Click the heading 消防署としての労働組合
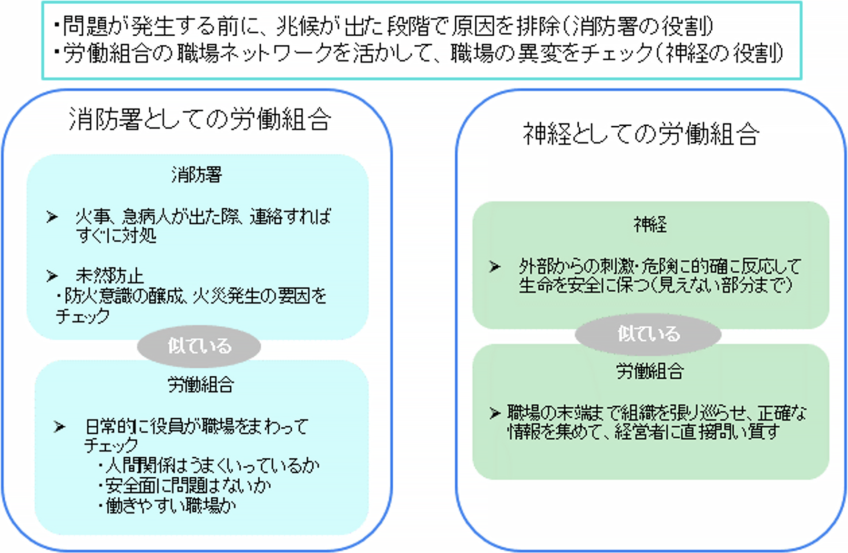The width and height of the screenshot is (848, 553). point(200,119)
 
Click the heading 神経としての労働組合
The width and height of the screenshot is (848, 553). point(641,134)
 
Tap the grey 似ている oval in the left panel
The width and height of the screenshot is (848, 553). point(199,346)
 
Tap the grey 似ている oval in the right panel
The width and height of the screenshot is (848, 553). point(648,333)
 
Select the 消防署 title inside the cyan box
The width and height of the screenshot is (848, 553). point(197,175)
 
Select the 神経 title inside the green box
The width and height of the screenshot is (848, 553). point(650,224)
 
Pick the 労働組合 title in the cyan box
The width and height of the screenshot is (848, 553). point(200,384)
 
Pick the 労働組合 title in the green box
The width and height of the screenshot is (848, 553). point(650,371)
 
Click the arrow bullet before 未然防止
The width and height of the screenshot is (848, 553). point(52,276)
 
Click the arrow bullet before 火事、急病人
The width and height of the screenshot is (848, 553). point(52,217)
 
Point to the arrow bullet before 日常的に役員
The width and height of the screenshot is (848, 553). point(59,426)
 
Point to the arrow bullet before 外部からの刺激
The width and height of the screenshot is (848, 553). point(495,267)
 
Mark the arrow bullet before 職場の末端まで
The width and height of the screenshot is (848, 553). point(495,413)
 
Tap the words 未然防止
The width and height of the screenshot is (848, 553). point(110,276)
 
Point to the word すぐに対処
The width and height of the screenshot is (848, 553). point(116,236)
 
